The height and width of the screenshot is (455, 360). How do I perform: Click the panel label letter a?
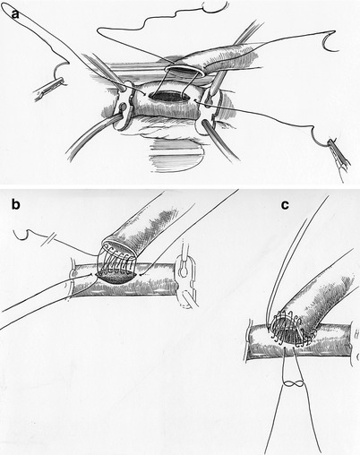coord(15,13)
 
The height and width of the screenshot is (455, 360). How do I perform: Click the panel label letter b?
coord(15,204)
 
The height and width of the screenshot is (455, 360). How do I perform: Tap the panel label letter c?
coord(286,205)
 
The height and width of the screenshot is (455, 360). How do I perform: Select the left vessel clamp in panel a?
coord(124,105)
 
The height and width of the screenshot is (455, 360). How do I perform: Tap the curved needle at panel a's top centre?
coord(213,7)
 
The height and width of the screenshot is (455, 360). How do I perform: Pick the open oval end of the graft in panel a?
coord(184,69)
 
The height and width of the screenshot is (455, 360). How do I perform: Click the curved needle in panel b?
coord(22,236)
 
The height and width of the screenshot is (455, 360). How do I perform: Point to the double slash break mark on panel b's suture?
coord(47,242)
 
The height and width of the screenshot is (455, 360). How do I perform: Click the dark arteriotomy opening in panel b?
coord(117,277)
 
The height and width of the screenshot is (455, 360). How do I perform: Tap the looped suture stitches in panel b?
coord(117,260)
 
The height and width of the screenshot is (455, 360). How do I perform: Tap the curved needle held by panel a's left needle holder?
coord(61,69)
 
